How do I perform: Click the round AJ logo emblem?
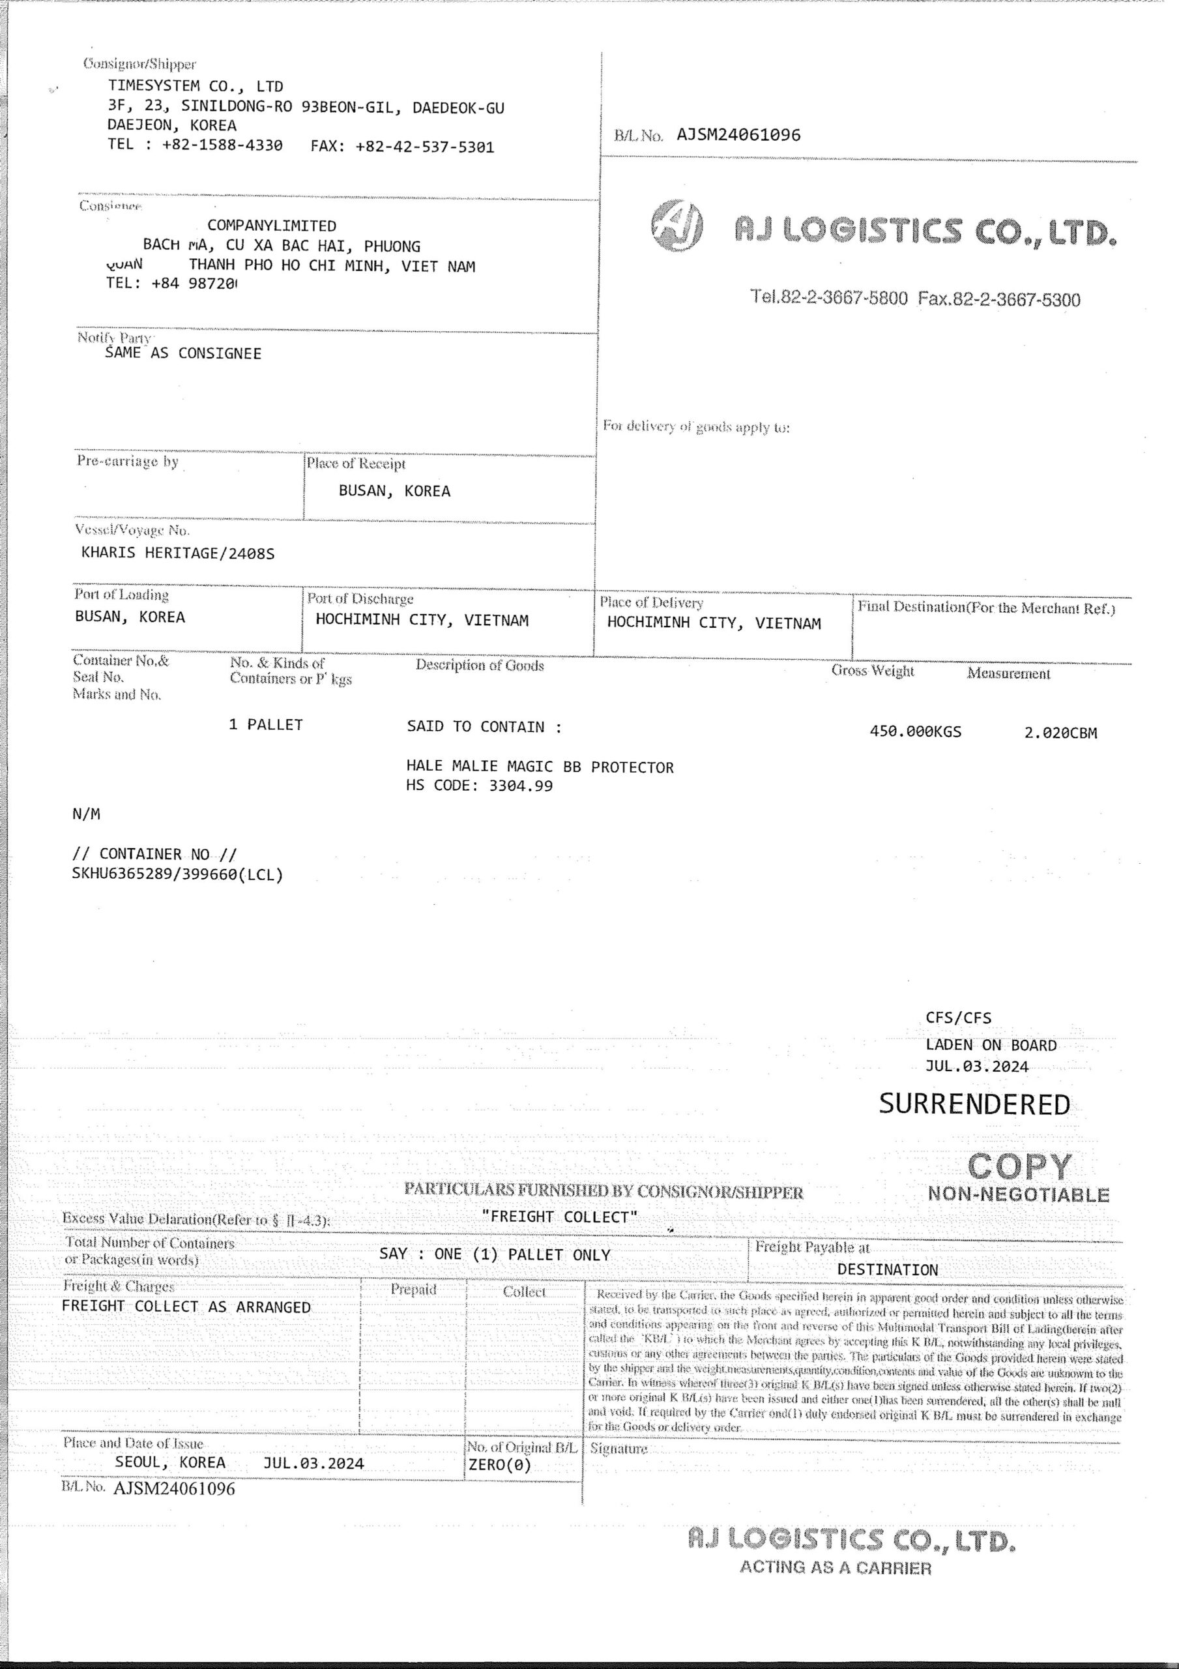pyautogui.click(x=677, y=226)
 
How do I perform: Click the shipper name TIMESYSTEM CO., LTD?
pyautogui.click(x=196, y=87)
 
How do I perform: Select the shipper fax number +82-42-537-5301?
pyautogui.click(x=424, y=147)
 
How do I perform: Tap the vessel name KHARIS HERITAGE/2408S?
pyautogui.click(x=178, y=554)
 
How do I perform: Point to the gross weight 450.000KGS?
pyautogui.click(x=915, y=732)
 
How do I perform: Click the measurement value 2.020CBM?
pyautogui.click(x=1060, y=733)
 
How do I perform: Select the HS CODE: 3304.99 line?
pyautogui.click(x=480, y=785)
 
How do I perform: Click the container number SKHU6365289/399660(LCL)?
pyautogui.click(x=177, y=874)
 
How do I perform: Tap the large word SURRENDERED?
pyautogui.click(x=974, y=1104)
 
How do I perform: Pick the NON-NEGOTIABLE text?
pyautogui.click(x=1019, y=1194)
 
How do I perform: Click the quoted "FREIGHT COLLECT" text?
pyautogui.click(x=560, y=1217)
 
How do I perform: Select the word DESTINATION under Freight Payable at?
pyautogui.click(x=888, y=1270)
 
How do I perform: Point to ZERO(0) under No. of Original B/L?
pyautogui.click(x=500, y=1465)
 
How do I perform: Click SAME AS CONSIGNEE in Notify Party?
pyautogui.click(x=183, y=354)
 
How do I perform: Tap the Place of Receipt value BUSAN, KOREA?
pyautogui.click(x=395, y=492)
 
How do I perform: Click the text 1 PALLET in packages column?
pyautogui.click(x=266, y=725)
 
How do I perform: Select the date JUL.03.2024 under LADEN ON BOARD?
pyautogui.click(x=977, y=1067)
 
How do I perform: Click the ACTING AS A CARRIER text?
pyautogui.click(x=835, y=1568)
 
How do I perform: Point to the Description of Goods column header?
pyautogui.click(x=480, y=665)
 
